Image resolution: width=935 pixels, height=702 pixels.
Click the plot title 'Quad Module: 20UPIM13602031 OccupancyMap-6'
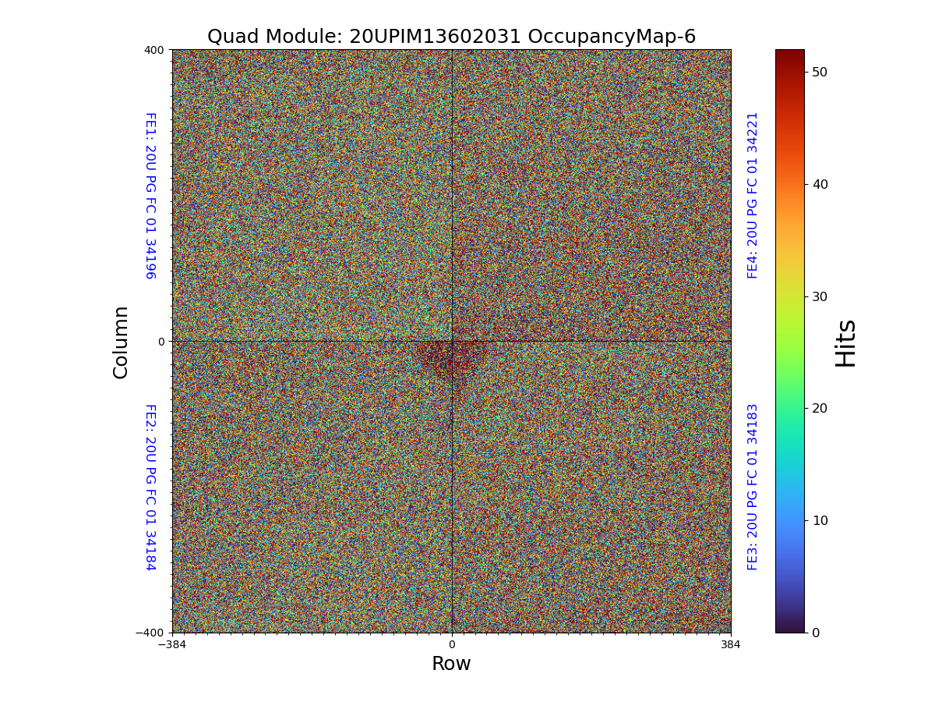(451, 37)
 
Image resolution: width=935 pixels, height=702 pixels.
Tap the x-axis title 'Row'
(451, 664)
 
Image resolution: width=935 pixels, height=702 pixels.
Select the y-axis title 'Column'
(121, 342)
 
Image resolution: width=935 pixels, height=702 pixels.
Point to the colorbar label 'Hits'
(845, 342)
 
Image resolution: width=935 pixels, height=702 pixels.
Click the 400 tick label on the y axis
(154, 50)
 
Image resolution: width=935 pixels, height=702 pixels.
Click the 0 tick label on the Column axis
(161, 342)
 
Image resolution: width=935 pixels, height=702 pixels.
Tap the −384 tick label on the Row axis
(172, 645)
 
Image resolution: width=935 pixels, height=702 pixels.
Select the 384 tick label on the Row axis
(731, 645)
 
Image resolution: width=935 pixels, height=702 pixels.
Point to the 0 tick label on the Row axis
(451, 645)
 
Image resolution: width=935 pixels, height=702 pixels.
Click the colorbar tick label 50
(819, 72)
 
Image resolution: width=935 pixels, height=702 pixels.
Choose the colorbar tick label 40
(819, 184)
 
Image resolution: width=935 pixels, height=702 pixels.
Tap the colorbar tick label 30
(819, 296)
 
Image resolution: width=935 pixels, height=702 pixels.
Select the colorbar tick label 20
(819, 408)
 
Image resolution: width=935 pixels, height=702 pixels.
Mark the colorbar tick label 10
(819, 520)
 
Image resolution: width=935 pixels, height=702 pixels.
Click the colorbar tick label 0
(816, 633)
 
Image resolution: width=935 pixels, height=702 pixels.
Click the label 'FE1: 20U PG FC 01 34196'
(150, 196)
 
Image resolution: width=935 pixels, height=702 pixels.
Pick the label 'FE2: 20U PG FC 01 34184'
(150, 487)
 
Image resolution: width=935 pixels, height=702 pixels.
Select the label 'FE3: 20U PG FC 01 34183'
(753, 487)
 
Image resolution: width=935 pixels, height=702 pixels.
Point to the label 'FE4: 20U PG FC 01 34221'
(753, 195)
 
